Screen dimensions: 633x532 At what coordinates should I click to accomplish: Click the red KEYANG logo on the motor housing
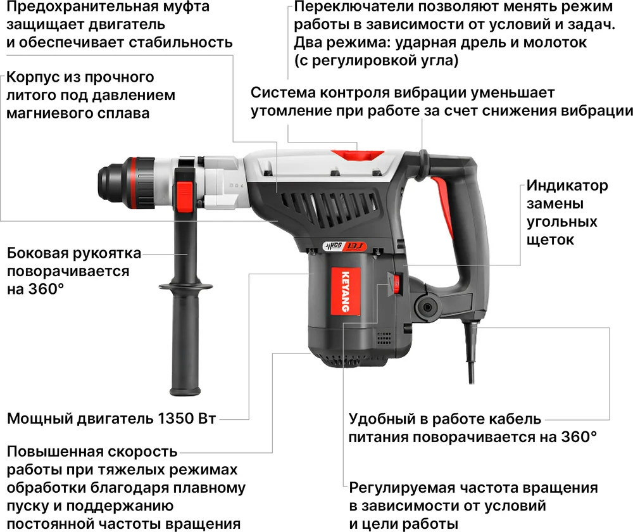pos(345,291)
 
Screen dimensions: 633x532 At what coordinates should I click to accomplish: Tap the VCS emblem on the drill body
pos(334,246)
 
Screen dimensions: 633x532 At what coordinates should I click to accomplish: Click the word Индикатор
pos(567,186)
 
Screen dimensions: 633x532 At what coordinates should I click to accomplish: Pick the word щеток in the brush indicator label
pos(550,240)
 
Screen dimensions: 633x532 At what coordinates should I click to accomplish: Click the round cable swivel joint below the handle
pos(427,307)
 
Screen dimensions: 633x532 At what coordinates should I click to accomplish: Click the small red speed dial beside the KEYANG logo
pos(396,283)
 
